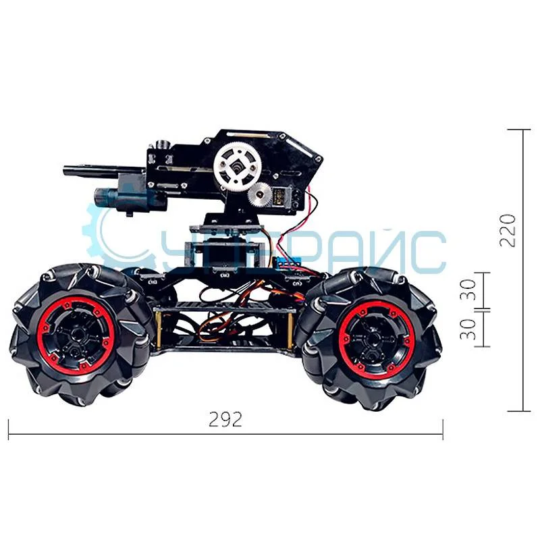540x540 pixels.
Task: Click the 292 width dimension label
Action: pyautogui.click(x=225, y=420)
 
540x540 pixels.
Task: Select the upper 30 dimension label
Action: pyautogui.click(x=471, y=290)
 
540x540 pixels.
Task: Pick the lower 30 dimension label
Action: pyautogui.click(x=471, y=329)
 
